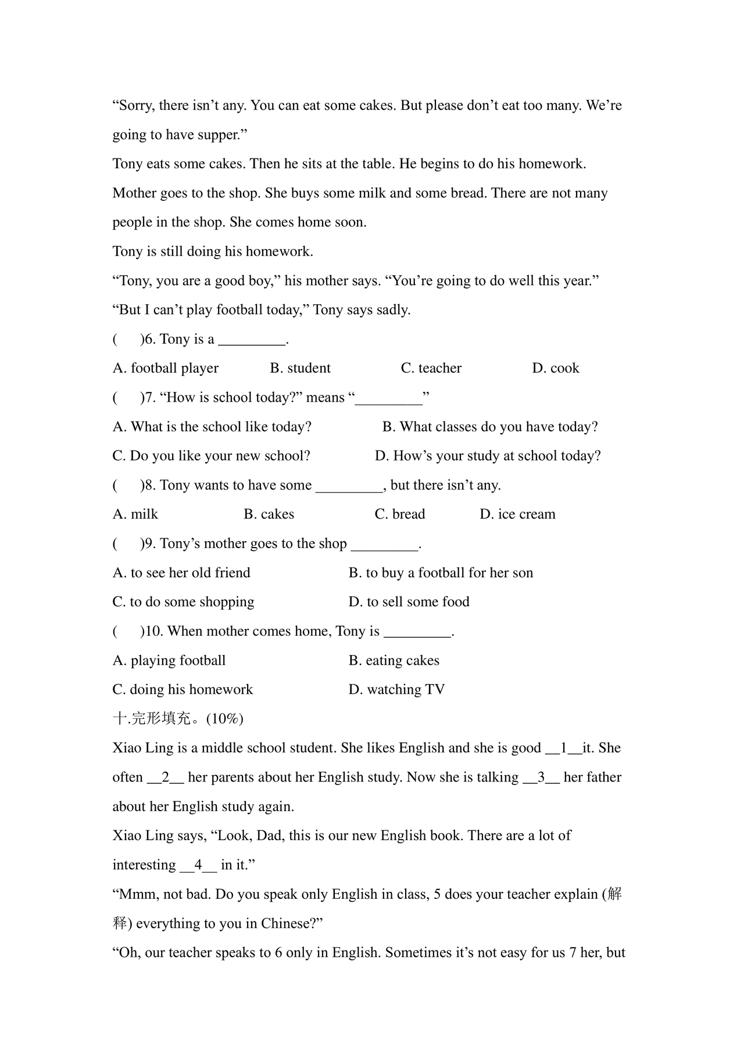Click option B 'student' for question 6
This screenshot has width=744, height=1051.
tap(300, 368)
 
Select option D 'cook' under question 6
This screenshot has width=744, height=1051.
tap(556, 368)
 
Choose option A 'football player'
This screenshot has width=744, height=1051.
tap(166, 368)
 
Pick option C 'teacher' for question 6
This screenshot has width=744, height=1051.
tap(431, 368)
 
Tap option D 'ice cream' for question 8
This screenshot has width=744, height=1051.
tap(517, 514)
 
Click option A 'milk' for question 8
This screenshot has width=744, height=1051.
tap(135, 514)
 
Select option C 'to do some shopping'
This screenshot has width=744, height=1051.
tap(183, 602)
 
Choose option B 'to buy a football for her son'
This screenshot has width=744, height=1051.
tap(441, 573)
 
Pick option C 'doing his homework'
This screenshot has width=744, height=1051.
tap(183, 690)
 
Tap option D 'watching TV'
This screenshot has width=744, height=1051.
tap(396, 690)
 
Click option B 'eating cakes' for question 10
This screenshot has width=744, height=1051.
tap(394, 661)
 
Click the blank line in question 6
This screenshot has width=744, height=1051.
tap(252, 340)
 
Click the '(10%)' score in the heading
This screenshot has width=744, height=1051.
tap(225, 719)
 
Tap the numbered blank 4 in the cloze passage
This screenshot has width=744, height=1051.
tap(198, 865)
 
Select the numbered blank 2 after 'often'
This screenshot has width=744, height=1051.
tap(166, 778)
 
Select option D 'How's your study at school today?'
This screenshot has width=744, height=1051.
tap(488, 456)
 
